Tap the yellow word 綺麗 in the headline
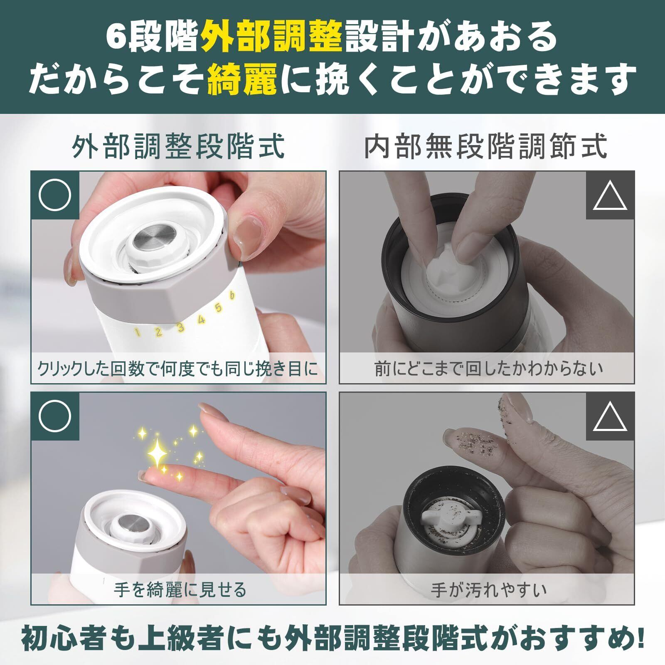(x=242, y=79)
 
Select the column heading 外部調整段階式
(x=178, y=146)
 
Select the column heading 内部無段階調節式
(x=486, y=146)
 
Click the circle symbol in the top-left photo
(x=54, y=195)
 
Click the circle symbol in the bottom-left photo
(x=54, y=416)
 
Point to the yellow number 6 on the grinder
(x=232, y=295)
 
